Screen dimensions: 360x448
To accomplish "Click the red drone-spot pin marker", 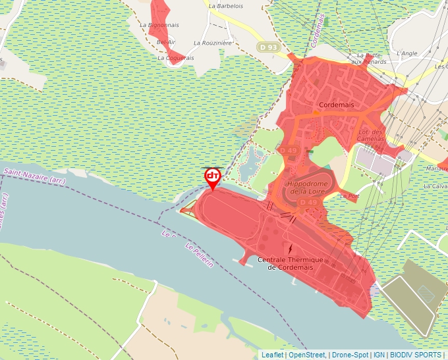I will point(213,177).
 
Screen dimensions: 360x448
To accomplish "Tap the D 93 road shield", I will point(267,47).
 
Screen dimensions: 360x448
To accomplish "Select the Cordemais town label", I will point(336,105).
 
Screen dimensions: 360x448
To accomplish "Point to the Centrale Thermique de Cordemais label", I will point(291,263).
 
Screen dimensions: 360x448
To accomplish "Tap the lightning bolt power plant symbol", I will point(291,249).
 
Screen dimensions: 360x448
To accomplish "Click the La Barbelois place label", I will point(225,6).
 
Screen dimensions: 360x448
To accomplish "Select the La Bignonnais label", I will point(159,25).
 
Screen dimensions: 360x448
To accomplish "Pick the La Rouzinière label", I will point(213,43).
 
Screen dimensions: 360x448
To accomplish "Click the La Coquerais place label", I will point(176,58).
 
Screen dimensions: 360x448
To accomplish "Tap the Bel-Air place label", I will point(166,42).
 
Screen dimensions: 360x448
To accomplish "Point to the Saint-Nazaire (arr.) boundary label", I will point(34,175).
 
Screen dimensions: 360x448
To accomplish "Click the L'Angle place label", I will point(407,53).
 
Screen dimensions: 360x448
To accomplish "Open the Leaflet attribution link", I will point(272,355).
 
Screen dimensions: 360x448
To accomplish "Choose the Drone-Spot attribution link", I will point(350,355).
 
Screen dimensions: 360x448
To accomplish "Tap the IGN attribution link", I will point(379,355).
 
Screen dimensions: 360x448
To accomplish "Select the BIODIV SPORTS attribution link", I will point(416,355).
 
